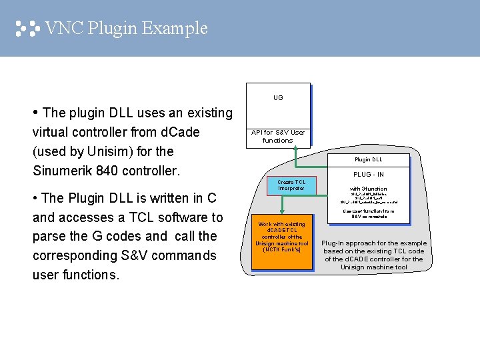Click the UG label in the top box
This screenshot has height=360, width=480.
click(278, 98)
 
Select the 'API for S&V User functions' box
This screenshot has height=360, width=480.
click(278, 136)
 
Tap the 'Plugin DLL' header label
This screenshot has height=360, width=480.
click(373, 160)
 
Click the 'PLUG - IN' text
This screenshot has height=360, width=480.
click(369, 175)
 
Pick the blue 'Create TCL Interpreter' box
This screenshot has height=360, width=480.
click(291, 185)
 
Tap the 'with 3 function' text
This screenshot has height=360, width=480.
click(369, 189)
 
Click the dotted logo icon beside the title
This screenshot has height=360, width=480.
click(27, 29)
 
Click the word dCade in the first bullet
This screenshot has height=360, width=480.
click(177, 132)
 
